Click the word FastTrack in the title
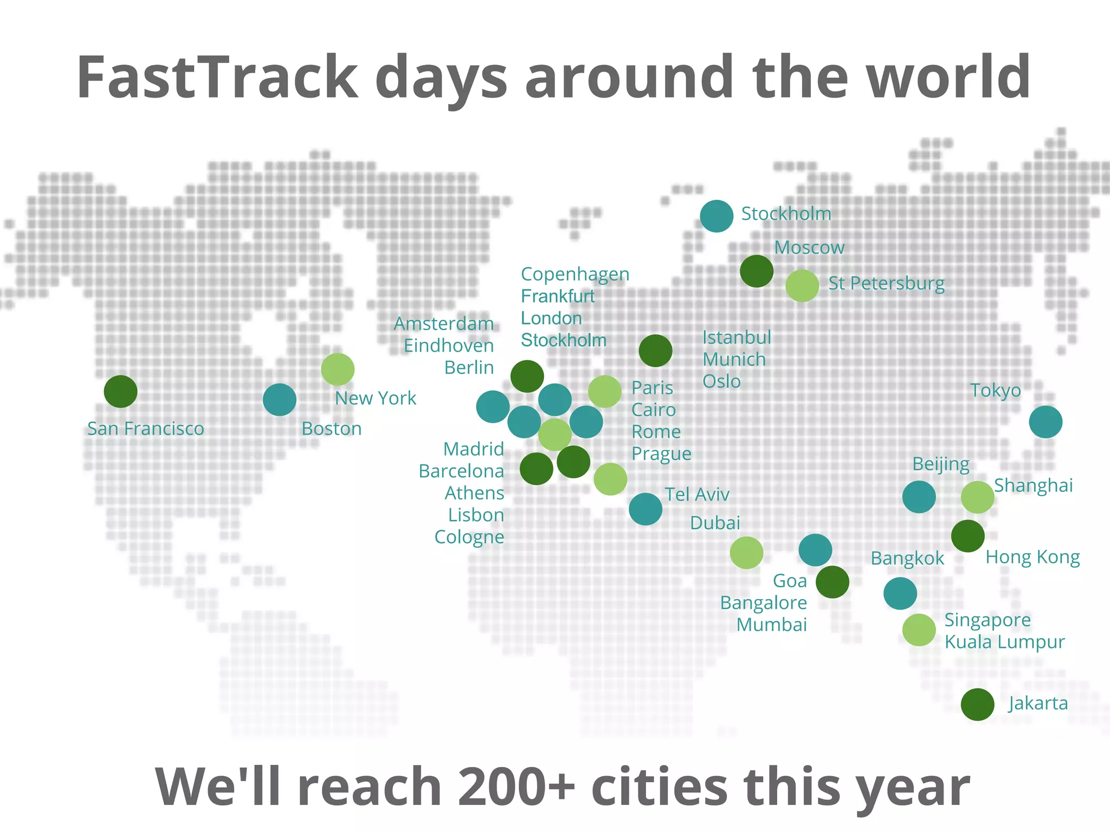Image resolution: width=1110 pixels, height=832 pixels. click(x=217, y=77)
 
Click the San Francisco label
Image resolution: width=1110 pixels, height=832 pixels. click(x=146, y=428)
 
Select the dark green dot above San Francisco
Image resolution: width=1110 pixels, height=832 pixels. click(x=120, y=391)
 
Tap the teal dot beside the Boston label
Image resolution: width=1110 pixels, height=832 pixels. click(x=279, y=400)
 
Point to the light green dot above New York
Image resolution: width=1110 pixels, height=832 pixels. click(x=338, y=369)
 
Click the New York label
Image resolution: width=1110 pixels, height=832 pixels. click(x=375, y=398)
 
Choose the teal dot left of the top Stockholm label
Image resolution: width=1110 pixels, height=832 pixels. click(x=717, y=216)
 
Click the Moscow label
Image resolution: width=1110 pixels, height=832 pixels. click(x=809, y=248)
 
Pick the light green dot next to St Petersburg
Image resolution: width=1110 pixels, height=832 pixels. click(x=802, y=285)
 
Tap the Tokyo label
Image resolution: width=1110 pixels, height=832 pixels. click(x=995, y=390)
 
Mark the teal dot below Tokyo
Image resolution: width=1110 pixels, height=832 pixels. click(x=1046, y=421)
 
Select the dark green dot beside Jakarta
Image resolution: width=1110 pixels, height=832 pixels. click(x=977, y=704)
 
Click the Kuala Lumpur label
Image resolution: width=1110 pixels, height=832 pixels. click(x=1004, y=642)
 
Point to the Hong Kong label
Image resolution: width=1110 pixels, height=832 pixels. click(x=1032, y=557)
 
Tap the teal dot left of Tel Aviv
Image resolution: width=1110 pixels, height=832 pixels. click(x=645, y=509)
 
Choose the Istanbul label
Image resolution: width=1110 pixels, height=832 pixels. click(x=737, y=337)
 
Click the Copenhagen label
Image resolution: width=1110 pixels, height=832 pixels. click(x=575, y=274)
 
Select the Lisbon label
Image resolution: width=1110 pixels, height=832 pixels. click(x=476, y=515)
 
